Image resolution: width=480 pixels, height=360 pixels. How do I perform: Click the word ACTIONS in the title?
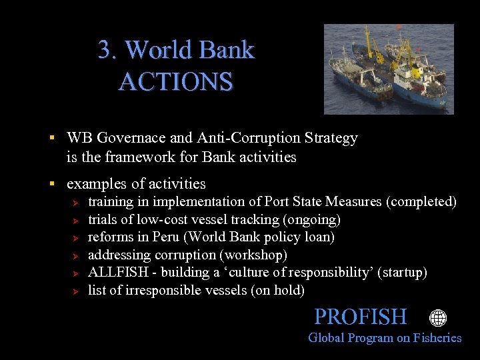[176, 82]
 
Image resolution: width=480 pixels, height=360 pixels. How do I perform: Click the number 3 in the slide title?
[104, 50]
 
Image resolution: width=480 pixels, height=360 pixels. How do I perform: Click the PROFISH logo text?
[360, 317]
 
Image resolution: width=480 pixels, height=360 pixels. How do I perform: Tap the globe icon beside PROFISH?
[438, 318]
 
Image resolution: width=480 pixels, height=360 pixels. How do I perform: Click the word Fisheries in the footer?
[437, 338]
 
